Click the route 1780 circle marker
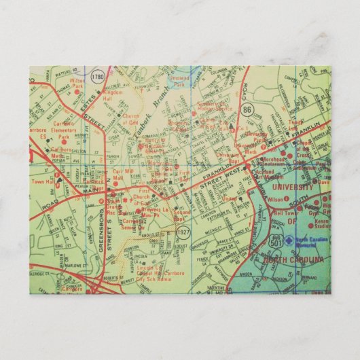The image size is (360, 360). [99, 75]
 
